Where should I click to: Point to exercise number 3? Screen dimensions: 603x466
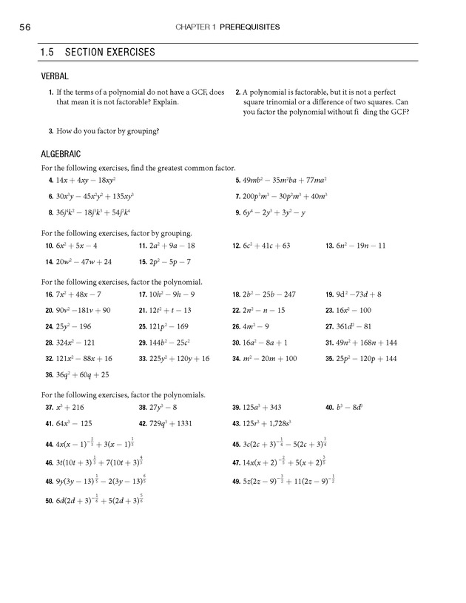tap(49, 131)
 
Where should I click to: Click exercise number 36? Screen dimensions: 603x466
tap(49, 374)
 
